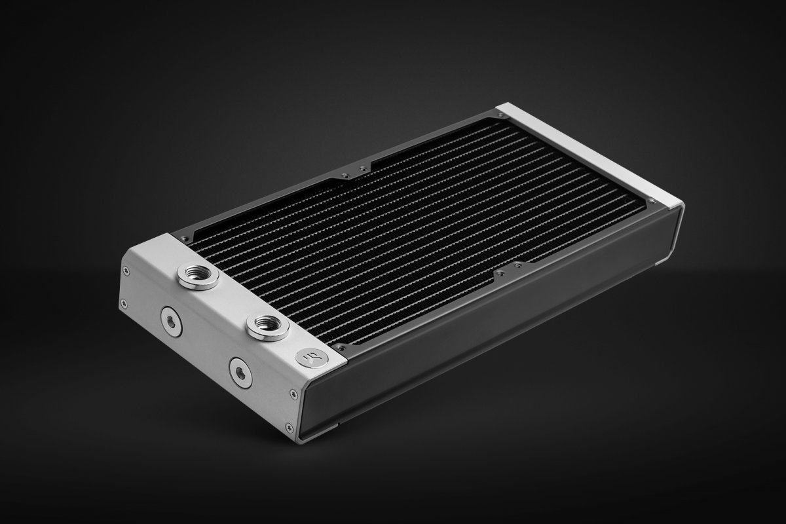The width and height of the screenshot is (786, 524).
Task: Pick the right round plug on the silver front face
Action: pos(239,371)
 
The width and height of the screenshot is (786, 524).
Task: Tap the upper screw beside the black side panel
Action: pos(291,394)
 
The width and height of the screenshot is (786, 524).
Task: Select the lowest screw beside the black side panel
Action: pos(289,429)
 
